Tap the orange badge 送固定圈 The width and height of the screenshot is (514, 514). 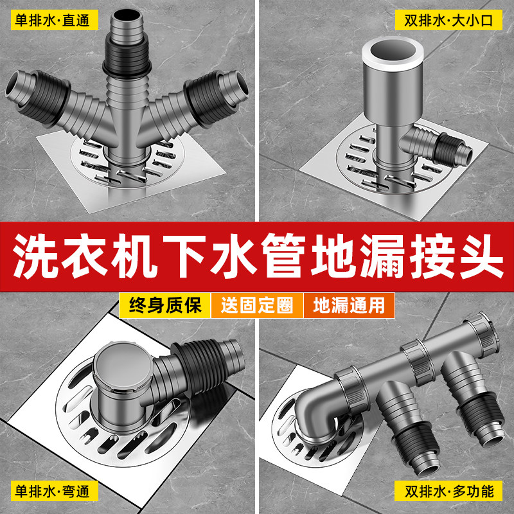click(257, 305)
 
